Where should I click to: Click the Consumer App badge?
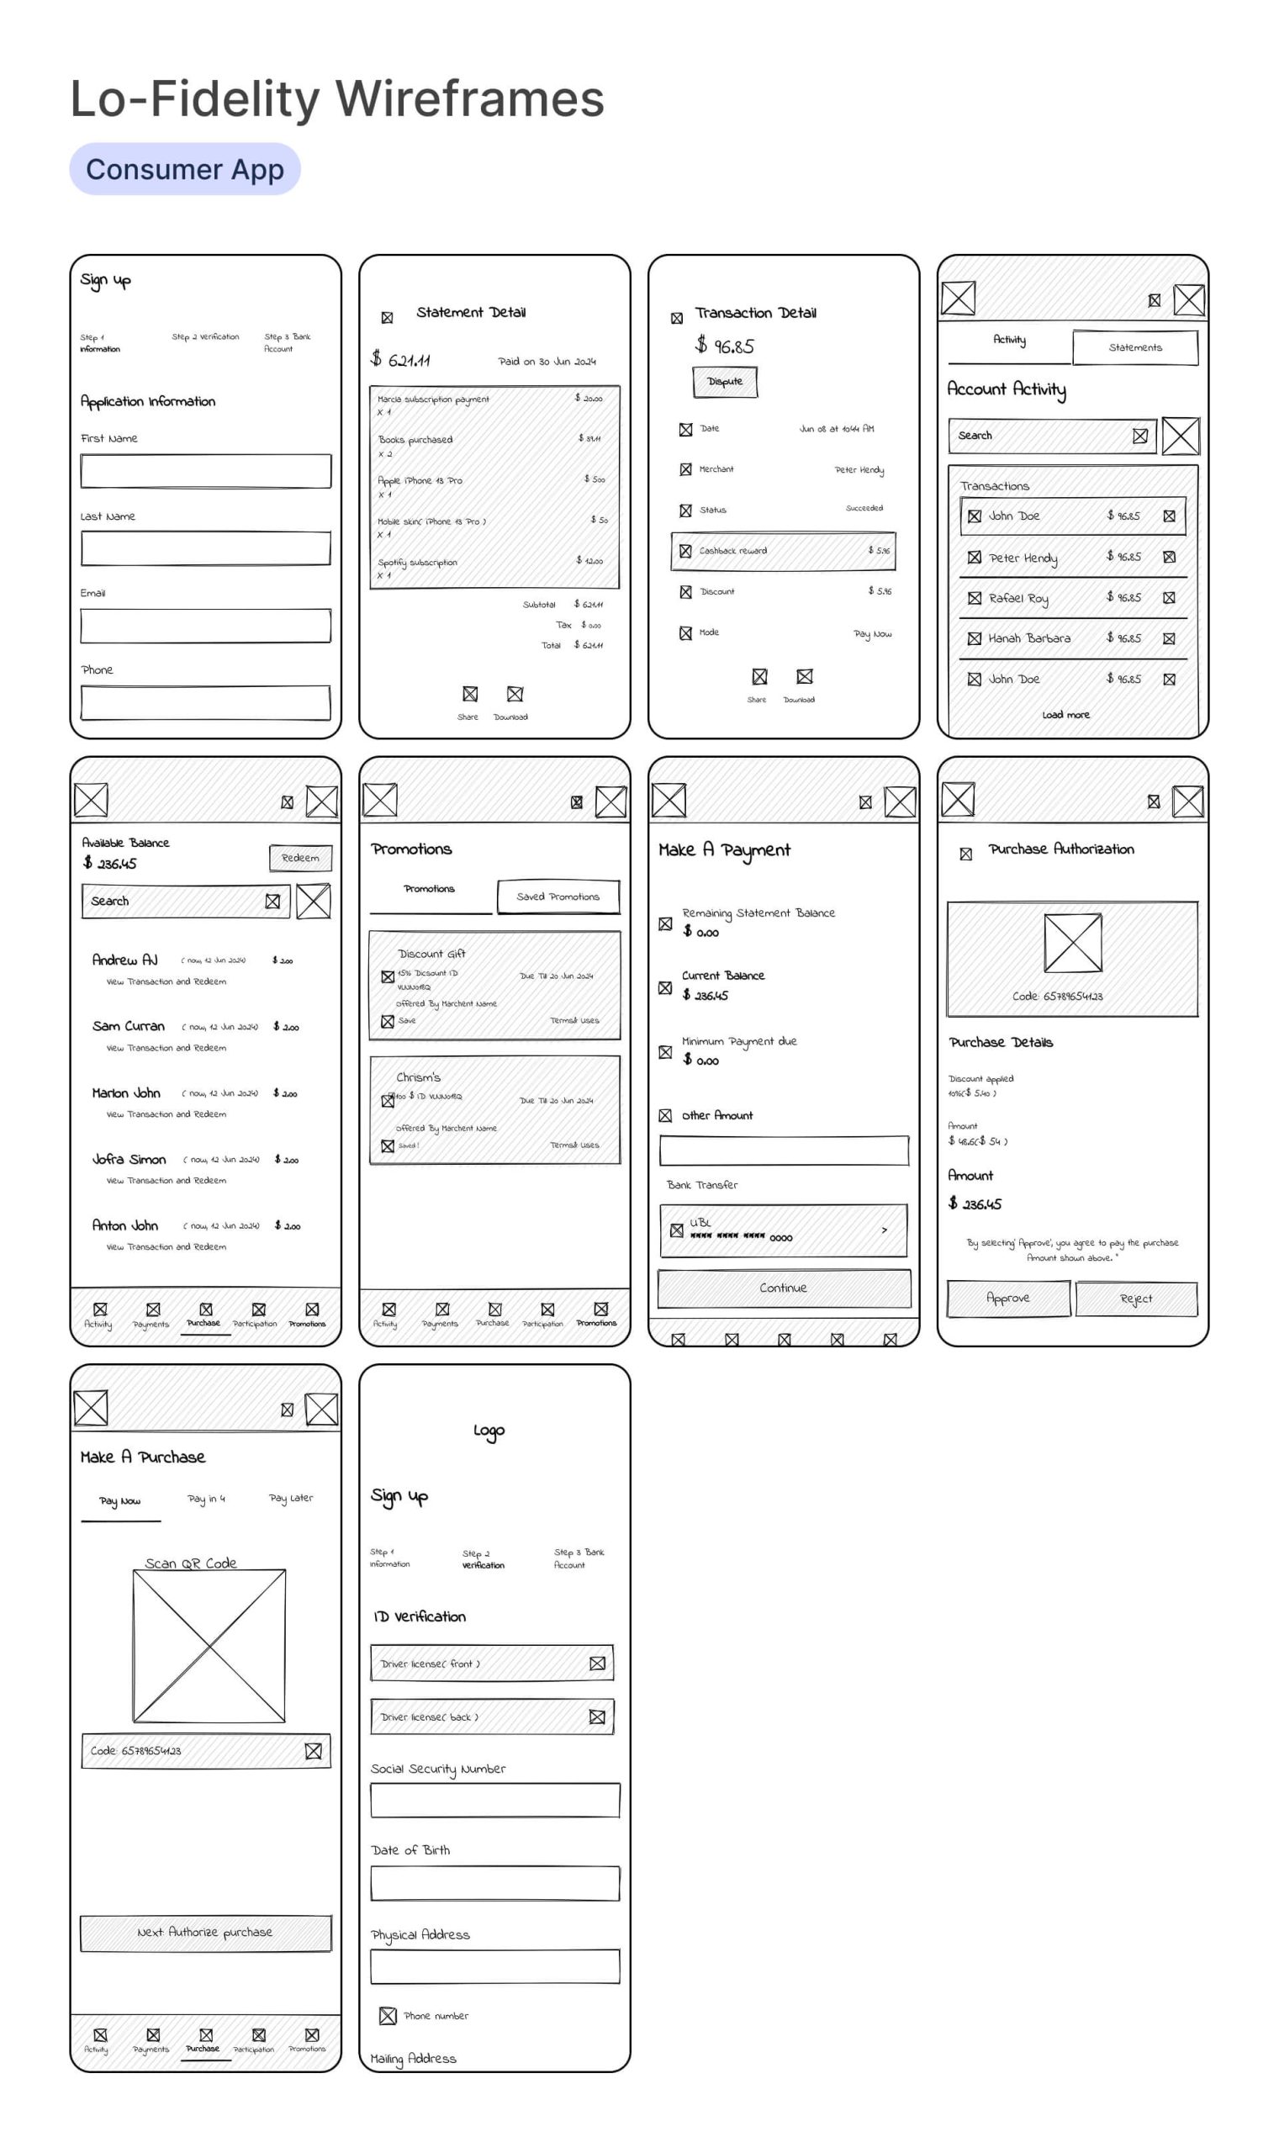tap(184, 169)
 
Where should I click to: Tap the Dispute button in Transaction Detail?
tap(725, 381)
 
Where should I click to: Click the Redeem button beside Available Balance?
tap(300, 858)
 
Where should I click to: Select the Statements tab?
tap(1135, 347)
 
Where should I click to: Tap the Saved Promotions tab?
tap(558, 897)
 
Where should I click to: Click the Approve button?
tap(1007, 1298)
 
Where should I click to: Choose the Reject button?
tap(1136, 1299)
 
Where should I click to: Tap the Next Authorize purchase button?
tap(205, 1933)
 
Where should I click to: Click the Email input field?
tap(205, 626)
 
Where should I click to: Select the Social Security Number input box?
tap(494, 1801)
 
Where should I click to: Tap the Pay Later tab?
tap(291, 1499)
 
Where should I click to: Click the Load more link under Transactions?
tap(1066, 715)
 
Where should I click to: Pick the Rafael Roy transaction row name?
tap(1017, 598)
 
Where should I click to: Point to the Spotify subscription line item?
tap(418, 563)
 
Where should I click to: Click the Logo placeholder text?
tap(489, 1431)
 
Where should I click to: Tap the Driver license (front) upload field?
tap(491, 1664)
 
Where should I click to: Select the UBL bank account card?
tap(783, 1230)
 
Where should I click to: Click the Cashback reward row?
tap(783, 551)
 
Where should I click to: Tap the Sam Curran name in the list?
tap(129, 1027)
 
